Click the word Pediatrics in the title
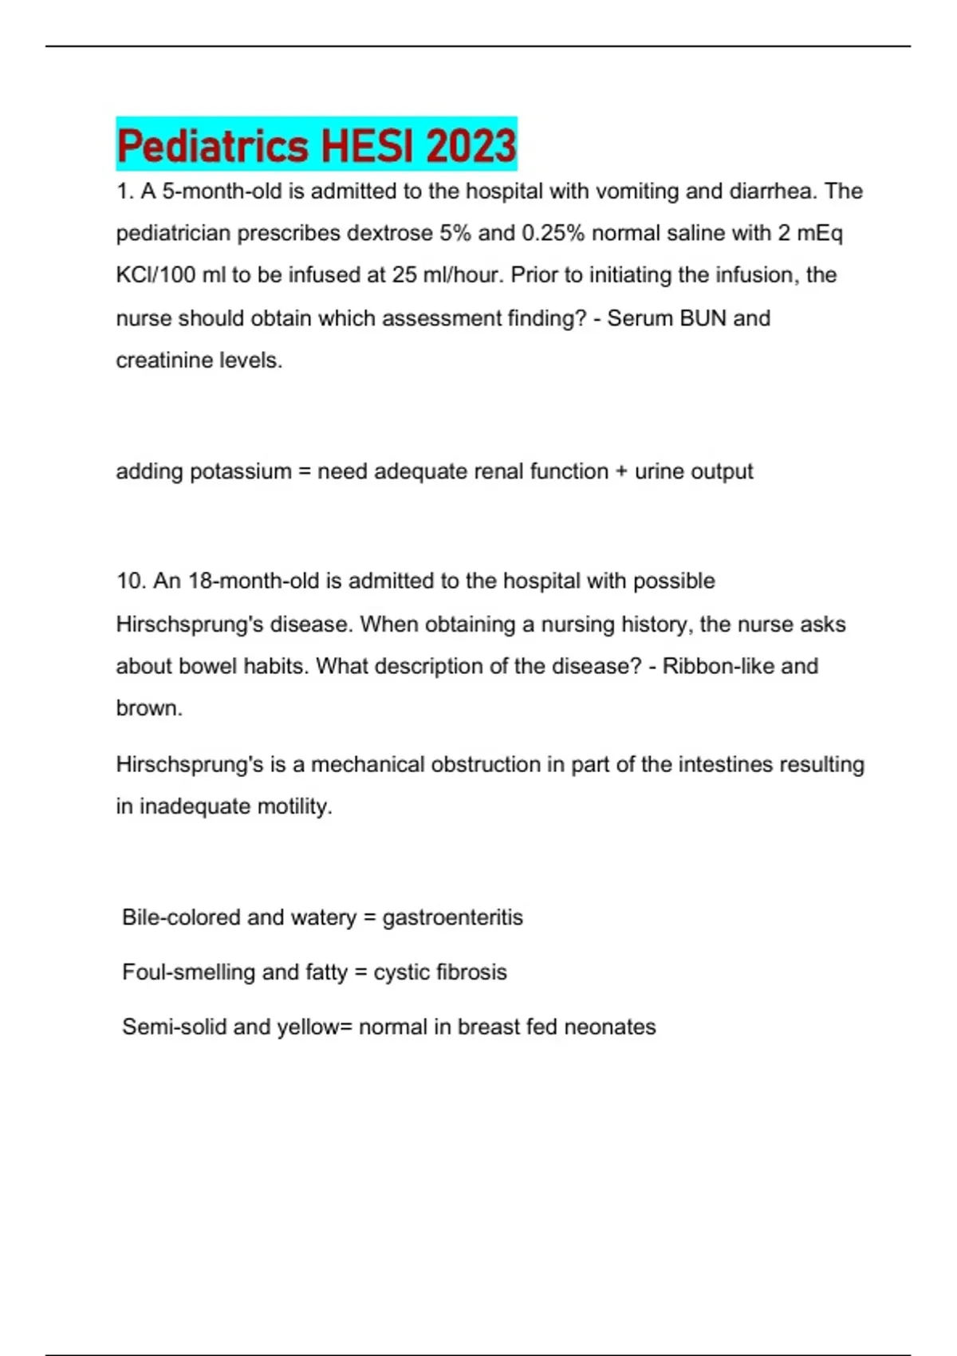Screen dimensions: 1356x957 point(212,146)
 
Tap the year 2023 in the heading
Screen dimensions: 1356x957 point(471,146)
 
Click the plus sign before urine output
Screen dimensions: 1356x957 point(621,471)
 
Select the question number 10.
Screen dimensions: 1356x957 point(131,581)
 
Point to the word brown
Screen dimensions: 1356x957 point(148,708)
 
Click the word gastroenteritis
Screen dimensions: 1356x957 point(452,917)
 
